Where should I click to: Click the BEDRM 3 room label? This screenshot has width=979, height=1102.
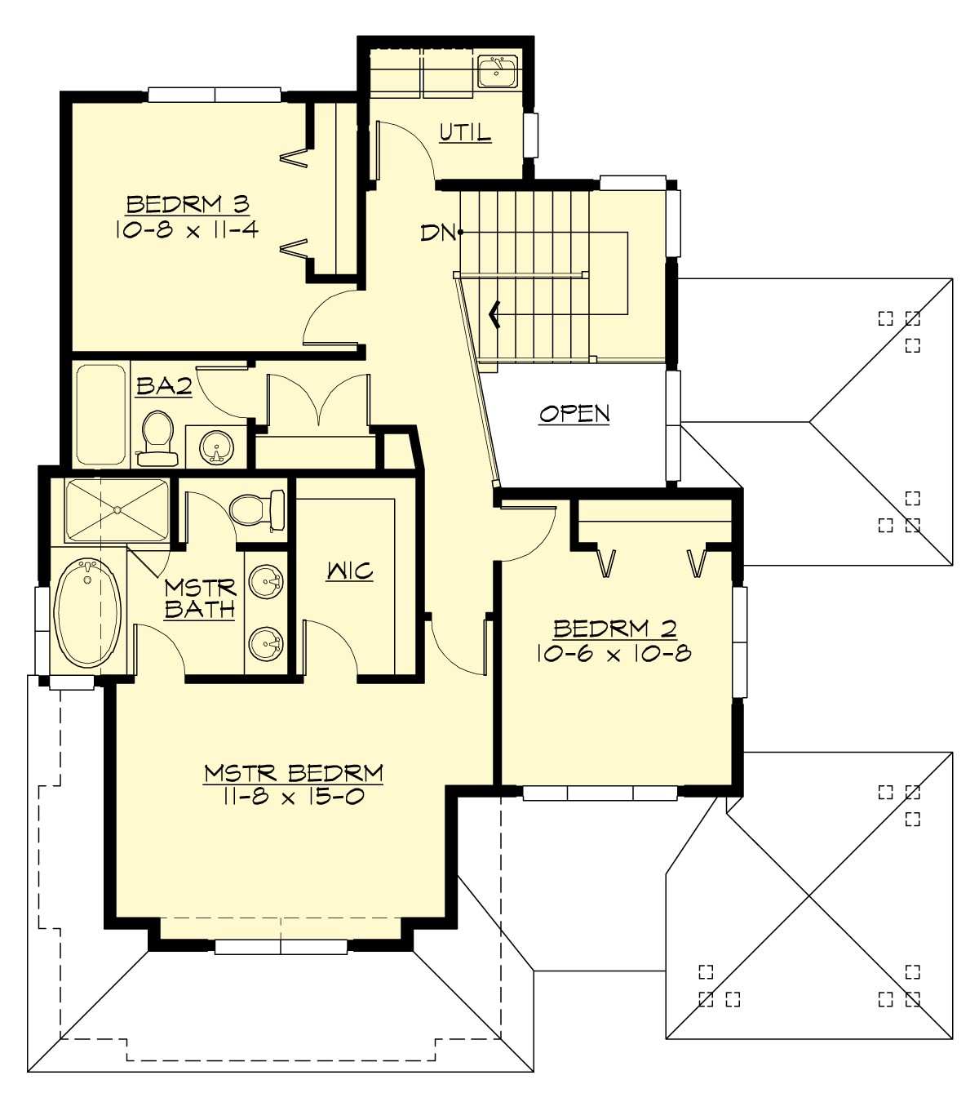[188, 204]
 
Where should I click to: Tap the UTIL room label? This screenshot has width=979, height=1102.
[465, 132]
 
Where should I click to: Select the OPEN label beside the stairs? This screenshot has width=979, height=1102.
[574, 414]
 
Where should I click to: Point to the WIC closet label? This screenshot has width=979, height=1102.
[350, 571]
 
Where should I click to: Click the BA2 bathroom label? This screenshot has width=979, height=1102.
[164, 386]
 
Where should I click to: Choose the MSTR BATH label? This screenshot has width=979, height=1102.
[200, 598]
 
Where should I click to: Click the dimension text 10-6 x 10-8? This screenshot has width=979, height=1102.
[614, 654]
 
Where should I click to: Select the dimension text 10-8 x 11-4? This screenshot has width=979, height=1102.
[187, 229]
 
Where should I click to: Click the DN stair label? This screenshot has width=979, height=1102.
[437, 233]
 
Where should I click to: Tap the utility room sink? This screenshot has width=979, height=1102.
[497, 72]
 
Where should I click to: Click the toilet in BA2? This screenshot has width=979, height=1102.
[157, 436]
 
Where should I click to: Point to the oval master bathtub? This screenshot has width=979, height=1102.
[87, 611]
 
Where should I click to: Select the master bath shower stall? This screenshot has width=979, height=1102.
[117, 510]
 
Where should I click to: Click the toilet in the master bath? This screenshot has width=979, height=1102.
[255, 510]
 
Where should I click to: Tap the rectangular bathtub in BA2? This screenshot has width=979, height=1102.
[101, 414]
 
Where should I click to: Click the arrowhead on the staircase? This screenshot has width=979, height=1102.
[494, 313]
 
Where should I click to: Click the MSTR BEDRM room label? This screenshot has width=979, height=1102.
[294, 772]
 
